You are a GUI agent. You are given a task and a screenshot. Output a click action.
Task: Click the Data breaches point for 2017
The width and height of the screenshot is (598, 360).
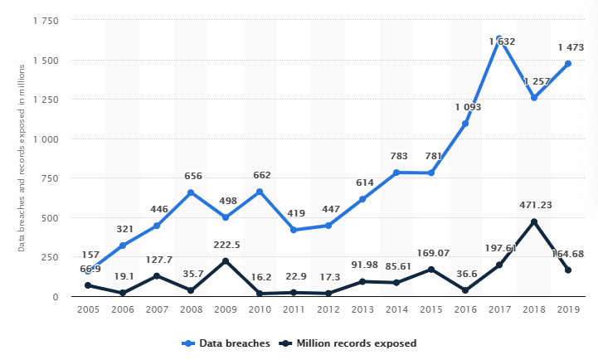pyautogui.click(x=499, y=40)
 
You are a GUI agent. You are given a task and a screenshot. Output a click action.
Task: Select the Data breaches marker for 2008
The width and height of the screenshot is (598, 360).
pyautogui.click(x=191, y=192)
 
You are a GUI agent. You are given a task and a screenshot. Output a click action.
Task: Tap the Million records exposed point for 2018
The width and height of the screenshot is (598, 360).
pyautogui.click(x=533, y=221)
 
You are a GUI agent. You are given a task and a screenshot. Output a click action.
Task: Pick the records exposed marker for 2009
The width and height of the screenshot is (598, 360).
pyautogui.click(x=226, y=261)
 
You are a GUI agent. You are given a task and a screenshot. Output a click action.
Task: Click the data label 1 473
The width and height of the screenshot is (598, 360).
pyautogui.click(x=568, y=46)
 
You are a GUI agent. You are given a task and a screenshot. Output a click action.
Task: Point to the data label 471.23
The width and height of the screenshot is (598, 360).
pyautogui.click(x=533, y=204)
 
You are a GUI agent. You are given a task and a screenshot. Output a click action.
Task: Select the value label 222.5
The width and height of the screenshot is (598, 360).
pyautogui.click(x=226, y=244)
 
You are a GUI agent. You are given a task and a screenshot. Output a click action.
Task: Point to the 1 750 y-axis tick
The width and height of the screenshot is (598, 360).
pyautogui.click(x=43, y=21)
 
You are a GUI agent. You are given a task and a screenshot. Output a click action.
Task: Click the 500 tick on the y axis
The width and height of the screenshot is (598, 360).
pyautogui.click(x=49, y=218)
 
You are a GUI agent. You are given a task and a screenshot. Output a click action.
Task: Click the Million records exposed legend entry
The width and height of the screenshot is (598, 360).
pyautogui.click(x=348, y=343)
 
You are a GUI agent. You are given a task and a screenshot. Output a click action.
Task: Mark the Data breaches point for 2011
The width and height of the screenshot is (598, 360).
pyautogui.click(x=294, y=230)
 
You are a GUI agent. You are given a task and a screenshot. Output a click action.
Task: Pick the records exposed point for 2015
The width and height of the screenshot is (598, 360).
pyautogui.click(x=431, y=270)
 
